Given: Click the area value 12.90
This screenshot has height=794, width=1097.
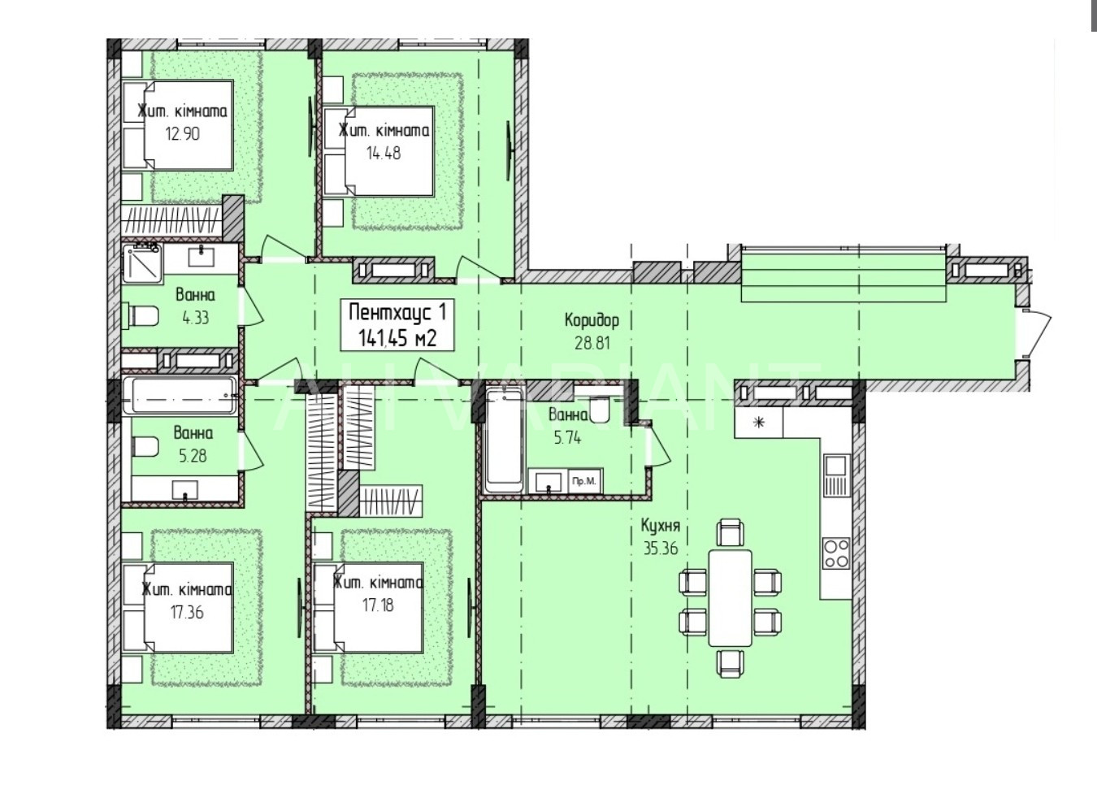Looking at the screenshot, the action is coord(182,134).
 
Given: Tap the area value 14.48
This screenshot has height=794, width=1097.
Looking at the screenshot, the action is coord(384,154).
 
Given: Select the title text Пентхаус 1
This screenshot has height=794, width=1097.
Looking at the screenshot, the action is coord(397,313).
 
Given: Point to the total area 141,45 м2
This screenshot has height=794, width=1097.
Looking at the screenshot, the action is coord(397,337).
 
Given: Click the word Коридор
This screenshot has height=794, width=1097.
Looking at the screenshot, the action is coord(592,320).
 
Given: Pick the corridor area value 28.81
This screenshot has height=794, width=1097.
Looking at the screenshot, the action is coord(592,343).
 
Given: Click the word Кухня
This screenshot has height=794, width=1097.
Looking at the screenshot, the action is coord(661,526).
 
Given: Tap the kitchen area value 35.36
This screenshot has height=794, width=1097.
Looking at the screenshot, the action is coord(661,549).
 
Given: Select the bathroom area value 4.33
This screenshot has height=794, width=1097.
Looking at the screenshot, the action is coord(195,318).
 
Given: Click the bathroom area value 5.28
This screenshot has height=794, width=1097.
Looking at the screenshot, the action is coord(193,456).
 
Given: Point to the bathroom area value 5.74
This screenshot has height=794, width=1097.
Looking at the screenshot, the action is coord(568,437).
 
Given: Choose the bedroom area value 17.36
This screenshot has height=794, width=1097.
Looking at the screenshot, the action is coord(186,612).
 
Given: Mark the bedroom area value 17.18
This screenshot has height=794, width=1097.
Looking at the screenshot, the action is coord(378,605).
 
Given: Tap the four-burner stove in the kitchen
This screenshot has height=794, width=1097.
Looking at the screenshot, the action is coord(836,553).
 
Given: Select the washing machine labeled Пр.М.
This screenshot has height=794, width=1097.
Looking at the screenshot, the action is coord(585,481).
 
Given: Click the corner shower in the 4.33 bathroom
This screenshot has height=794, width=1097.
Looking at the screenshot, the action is coord(142,264).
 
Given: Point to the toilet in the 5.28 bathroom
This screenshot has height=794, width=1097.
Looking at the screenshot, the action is coord(145,447).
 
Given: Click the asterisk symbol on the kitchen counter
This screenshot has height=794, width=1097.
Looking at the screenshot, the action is coord(759,422).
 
